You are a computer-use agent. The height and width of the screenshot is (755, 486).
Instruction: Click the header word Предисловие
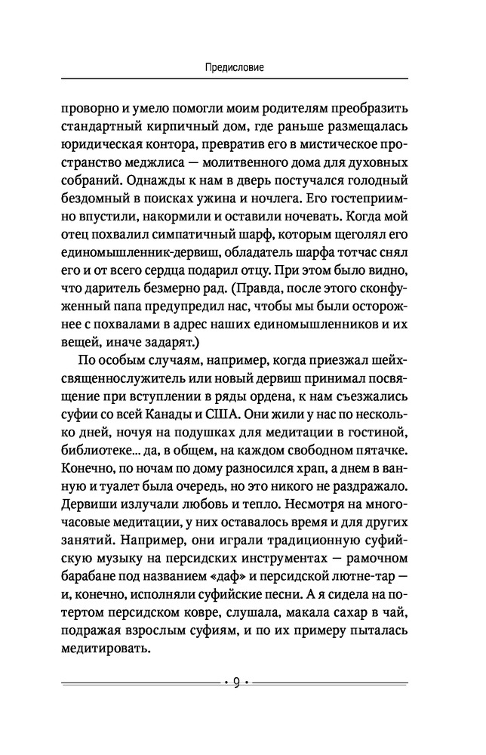click(x=242, y=67)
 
